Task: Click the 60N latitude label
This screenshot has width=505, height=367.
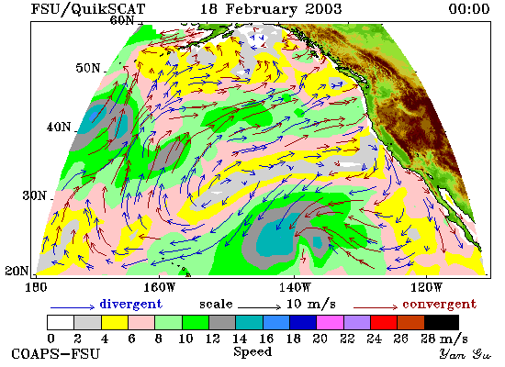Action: [x=122, y=20]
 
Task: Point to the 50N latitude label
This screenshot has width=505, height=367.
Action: [x=88, y=68]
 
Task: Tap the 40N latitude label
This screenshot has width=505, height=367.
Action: [x=59, y=127]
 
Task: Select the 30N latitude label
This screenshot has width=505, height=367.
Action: [x=35, y=195]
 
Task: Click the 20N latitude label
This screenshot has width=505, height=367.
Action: [x=17, y=271]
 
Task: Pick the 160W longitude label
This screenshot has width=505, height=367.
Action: [x=159, y=287]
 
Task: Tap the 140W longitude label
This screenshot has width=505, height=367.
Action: [x=295, y=287]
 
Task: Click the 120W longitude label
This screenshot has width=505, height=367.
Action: [x=426, y=287]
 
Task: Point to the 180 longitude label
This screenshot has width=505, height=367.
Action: [x=36, y=287]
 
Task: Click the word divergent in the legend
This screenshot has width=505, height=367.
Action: [x=131, y=304]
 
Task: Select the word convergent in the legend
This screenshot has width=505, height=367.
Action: [x=439, y=304]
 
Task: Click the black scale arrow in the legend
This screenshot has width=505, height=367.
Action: [x=259, y=307]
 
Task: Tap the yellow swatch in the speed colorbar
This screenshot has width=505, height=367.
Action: [x=115, y=323]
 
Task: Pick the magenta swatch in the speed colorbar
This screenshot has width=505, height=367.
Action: [x=331, y=323]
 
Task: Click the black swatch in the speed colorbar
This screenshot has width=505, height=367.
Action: [x=442, y=323]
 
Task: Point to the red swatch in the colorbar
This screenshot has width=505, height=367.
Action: [x=384, y=323]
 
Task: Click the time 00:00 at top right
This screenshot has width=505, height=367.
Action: [x=469, y=8]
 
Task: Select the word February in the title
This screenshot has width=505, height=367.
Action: [x=261, y=9]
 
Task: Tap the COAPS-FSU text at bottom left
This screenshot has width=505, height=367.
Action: [x=55, y=354]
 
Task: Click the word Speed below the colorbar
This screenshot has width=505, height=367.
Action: [x=252, y=352]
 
